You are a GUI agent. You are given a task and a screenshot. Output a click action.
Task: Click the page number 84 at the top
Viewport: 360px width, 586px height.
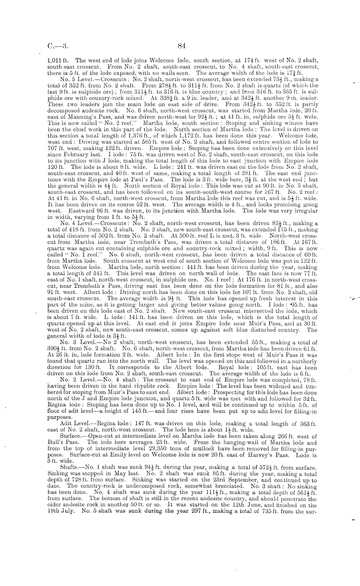[x=182, y=46]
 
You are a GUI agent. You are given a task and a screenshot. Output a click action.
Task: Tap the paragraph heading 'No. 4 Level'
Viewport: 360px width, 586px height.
[x=75, y=223]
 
